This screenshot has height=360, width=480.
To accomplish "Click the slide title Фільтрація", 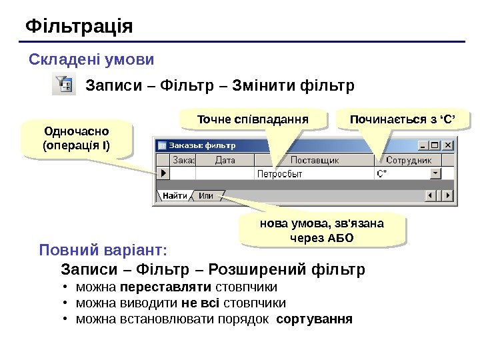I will click(x=79, y=27).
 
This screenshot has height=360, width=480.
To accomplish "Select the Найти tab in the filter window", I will click(x=174, y=196).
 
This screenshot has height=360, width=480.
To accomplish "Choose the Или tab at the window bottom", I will click(x=206, y=196).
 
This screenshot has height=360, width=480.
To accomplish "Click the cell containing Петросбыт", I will click(x=313, y=173).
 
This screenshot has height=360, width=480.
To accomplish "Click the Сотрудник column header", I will click(x=409, y=160).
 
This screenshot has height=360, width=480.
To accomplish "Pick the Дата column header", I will click(x=225, y=160).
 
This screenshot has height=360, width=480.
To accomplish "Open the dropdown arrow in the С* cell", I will click(x=436, y=173).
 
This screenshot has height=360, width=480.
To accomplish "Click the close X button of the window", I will click(x=448, y=145).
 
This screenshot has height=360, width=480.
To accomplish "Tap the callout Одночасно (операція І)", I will click(x=77, y=138).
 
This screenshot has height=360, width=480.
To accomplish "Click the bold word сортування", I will click(x=314, y=319).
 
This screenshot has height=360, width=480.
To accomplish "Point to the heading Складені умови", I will click(x=91, y=60).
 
